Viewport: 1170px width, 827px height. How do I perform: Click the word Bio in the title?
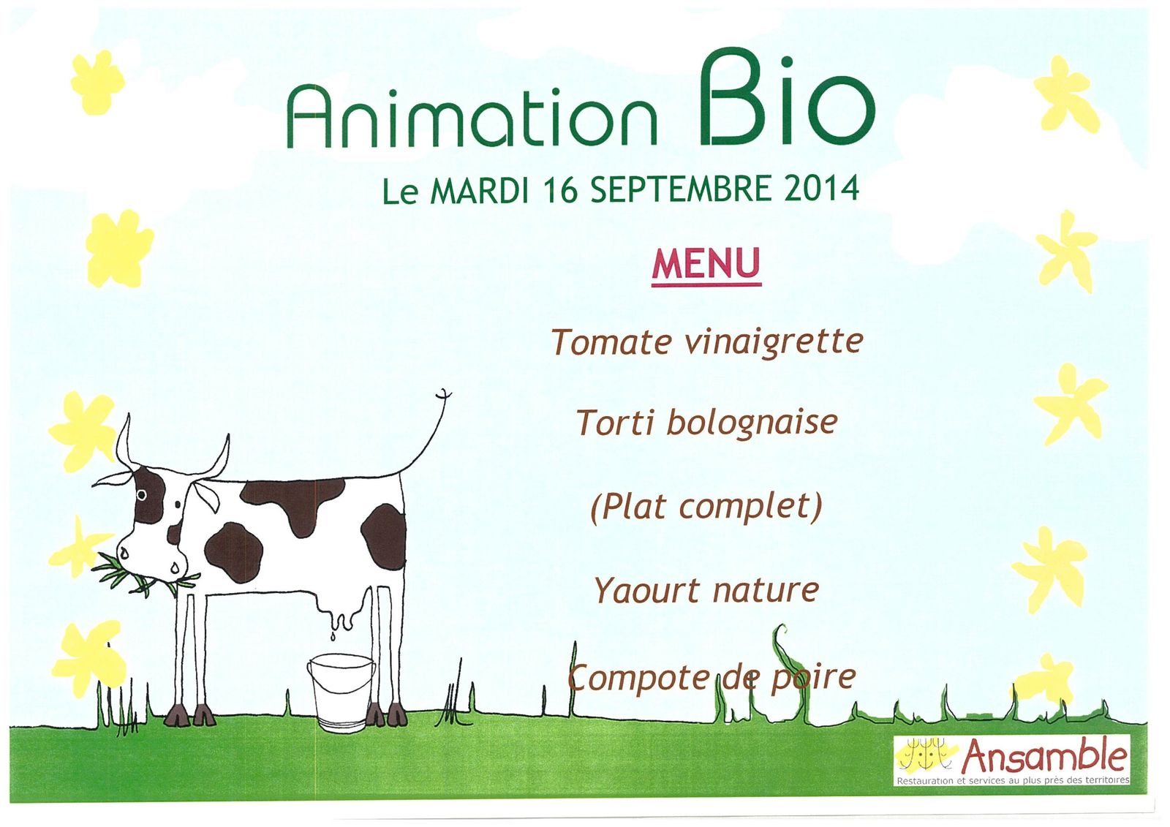(x=787, y=99)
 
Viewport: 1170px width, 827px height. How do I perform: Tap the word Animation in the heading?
(x=472, y=117)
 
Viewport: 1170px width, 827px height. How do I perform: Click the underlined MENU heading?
(x=706, y=265)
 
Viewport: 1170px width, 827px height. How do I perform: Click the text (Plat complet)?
(x=706, y=507)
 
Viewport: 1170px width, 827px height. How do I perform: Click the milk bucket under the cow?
(x=341, y=692)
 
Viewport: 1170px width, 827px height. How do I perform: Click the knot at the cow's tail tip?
(x=443, y=395)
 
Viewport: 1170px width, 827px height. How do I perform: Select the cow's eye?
(x=141, y=494)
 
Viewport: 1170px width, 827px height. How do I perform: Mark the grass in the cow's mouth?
(x=142, y=575)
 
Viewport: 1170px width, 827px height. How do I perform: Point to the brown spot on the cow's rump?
(x=383, y=537)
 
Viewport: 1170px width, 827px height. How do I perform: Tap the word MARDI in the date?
(x=478, y=189)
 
